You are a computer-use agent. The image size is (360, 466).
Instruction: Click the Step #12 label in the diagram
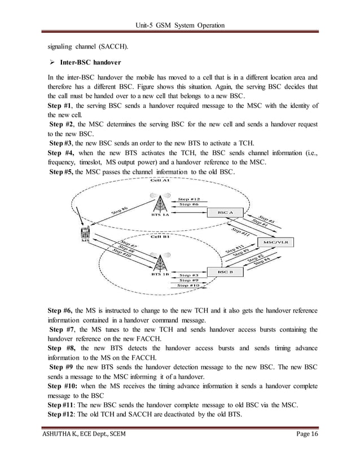click(189, 199)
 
